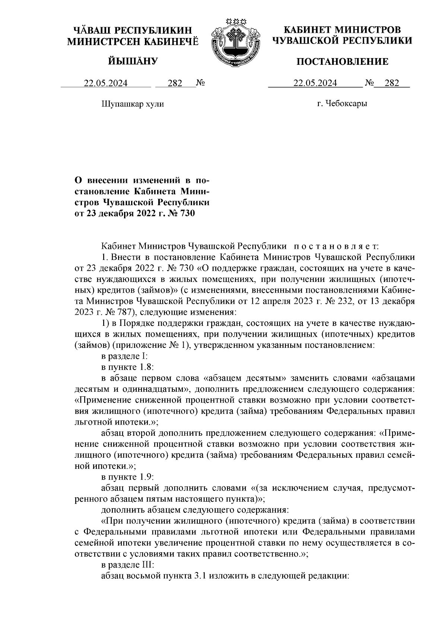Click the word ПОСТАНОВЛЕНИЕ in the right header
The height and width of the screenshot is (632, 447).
(x=342, y=62)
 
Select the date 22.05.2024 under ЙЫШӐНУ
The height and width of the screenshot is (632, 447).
(x=105, y=83)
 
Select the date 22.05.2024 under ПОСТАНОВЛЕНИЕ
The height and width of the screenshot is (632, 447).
(x=315, y=83)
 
